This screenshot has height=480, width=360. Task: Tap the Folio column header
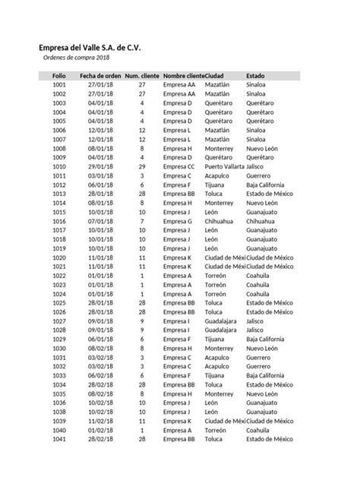click(59, 76)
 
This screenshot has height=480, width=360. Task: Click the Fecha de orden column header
click(100, 76)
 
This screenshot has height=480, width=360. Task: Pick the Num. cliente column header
click(142, 76)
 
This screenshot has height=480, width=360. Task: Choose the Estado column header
click(256, 76)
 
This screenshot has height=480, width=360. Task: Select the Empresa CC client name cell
click(179, 166)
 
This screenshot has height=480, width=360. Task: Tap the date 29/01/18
click(100, 166)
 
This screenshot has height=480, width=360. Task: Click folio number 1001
click(59, 85)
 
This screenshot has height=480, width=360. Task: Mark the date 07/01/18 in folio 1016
click(100, 221)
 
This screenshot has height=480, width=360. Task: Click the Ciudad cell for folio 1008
click(219, 148)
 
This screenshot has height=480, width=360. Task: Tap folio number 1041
click(59, 439)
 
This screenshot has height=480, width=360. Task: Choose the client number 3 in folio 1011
click(142, 175)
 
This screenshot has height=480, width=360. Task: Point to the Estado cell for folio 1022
click(258, 276)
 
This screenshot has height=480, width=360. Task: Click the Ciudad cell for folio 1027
click(221, 321)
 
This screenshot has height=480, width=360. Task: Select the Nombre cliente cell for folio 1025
click(179, 303)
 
